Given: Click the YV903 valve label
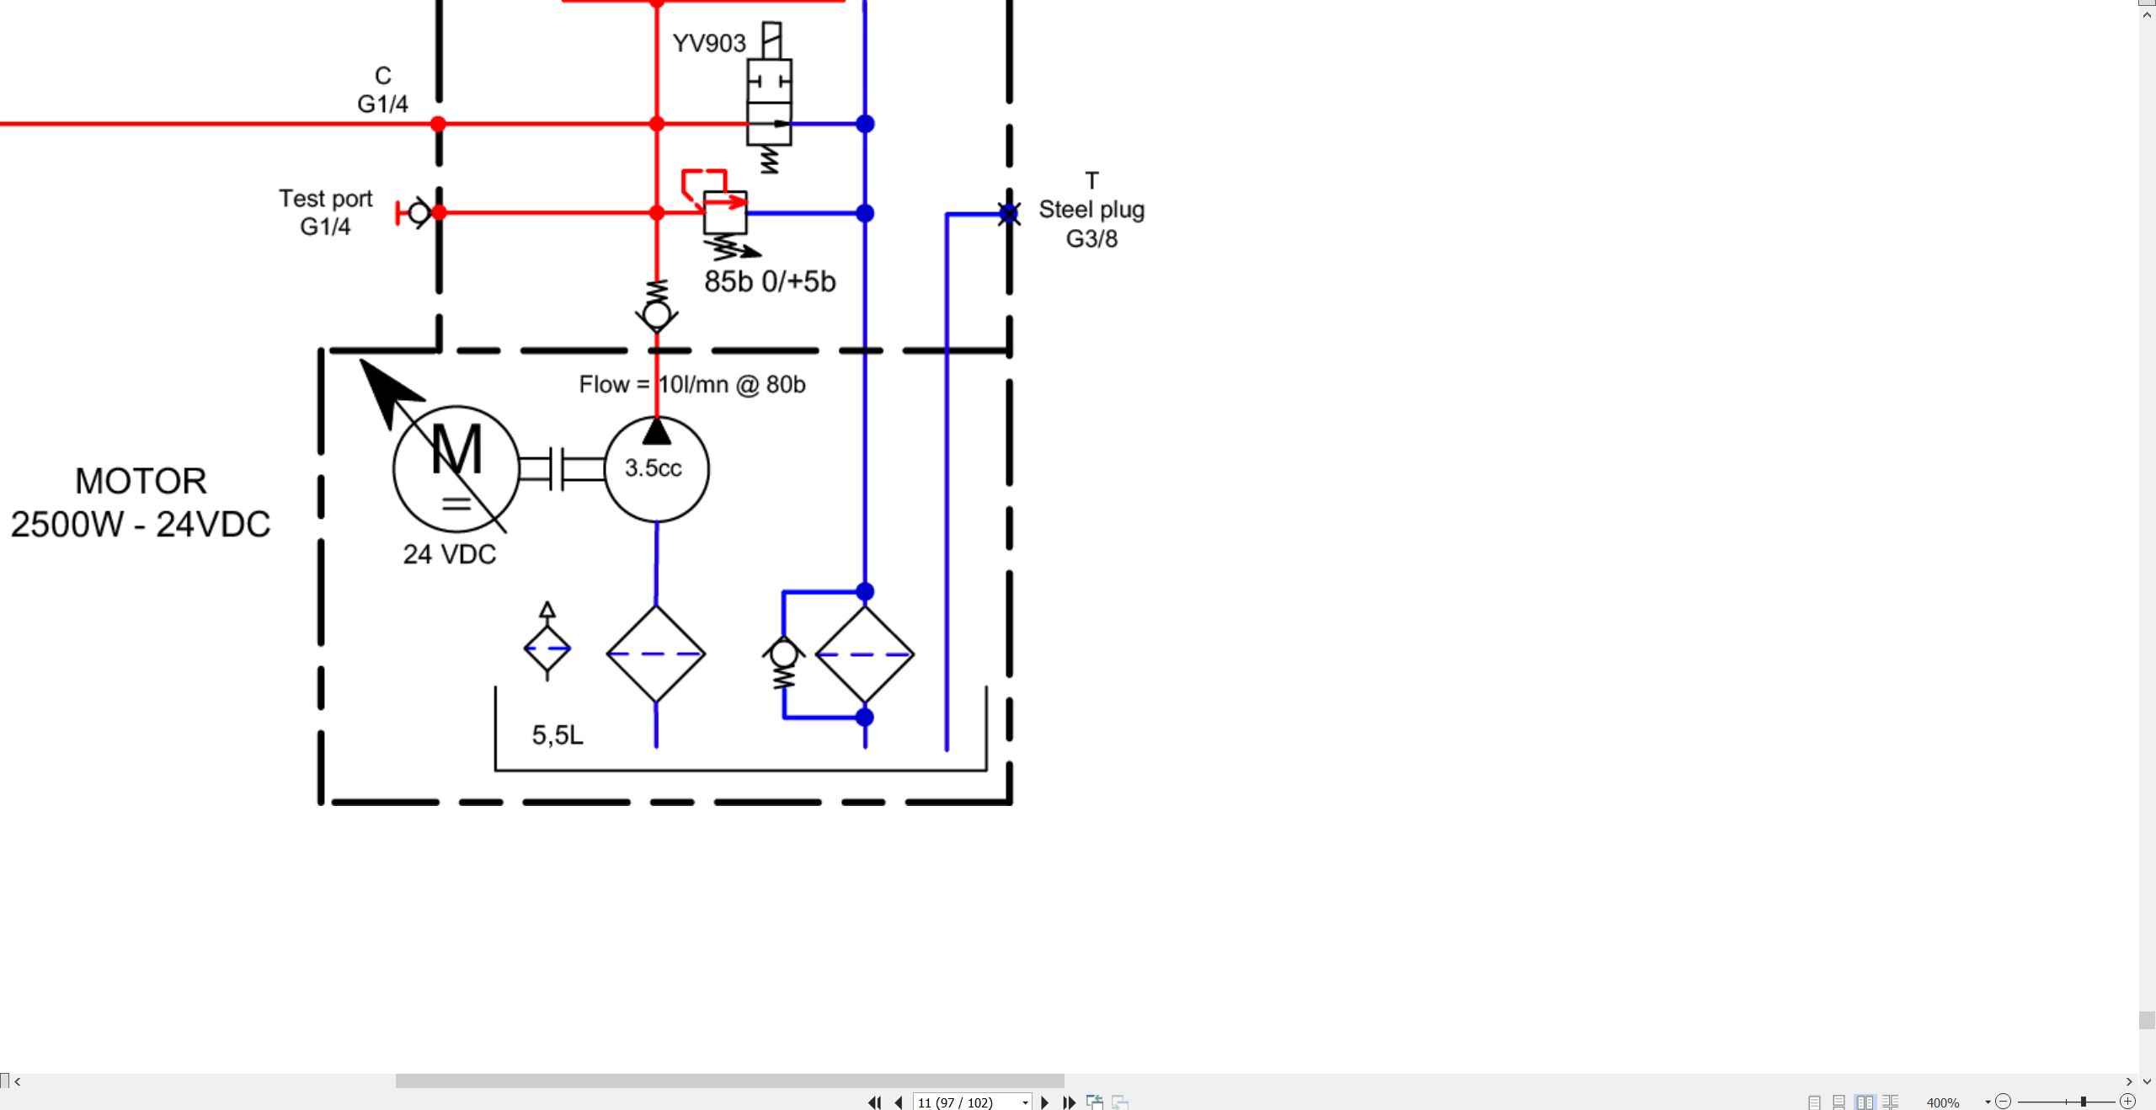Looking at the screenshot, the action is pos(709,43).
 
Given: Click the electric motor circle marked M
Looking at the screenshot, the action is pos(456,469).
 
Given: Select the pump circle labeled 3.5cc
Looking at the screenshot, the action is pos(657,469).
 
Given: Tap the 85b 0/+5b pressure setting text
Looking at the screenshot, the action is pos(770,281).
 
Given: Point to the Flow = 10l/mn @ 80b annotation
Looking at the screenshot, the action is pos(692,385).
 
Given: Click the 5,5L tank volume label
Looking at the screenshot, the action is pos(558,735).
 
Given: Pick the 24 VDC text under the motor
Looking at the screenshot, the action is pos(450,554).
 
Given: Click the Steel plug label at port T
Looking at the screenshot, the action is pos(1091,210).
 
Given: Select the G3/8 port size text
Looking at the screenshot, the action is pos(1091,239).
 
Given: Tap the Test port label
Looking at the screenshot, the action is pos(326,199).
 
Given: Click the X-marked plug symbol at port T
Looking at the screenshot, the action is pos(1009,214).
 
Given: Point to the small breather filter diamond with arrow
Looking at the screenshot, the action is pos(547,642).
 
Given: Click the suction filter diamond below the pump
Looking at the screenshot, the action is pos(656,654).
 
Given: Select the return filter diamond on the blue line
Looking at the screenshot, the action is pos(865,654).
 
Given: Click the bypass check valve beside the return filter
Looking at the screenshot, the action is pos(784,663).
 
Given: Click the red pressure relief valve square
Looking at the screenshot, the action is pos(725,213).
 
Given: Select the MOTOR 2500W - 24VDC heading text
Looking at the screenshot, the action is pos(141,503).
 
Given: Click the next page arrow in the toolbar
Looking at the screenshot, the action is pos(1045,1102).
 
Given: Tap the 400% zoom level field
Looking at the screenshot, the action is pos(1943,1102).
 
